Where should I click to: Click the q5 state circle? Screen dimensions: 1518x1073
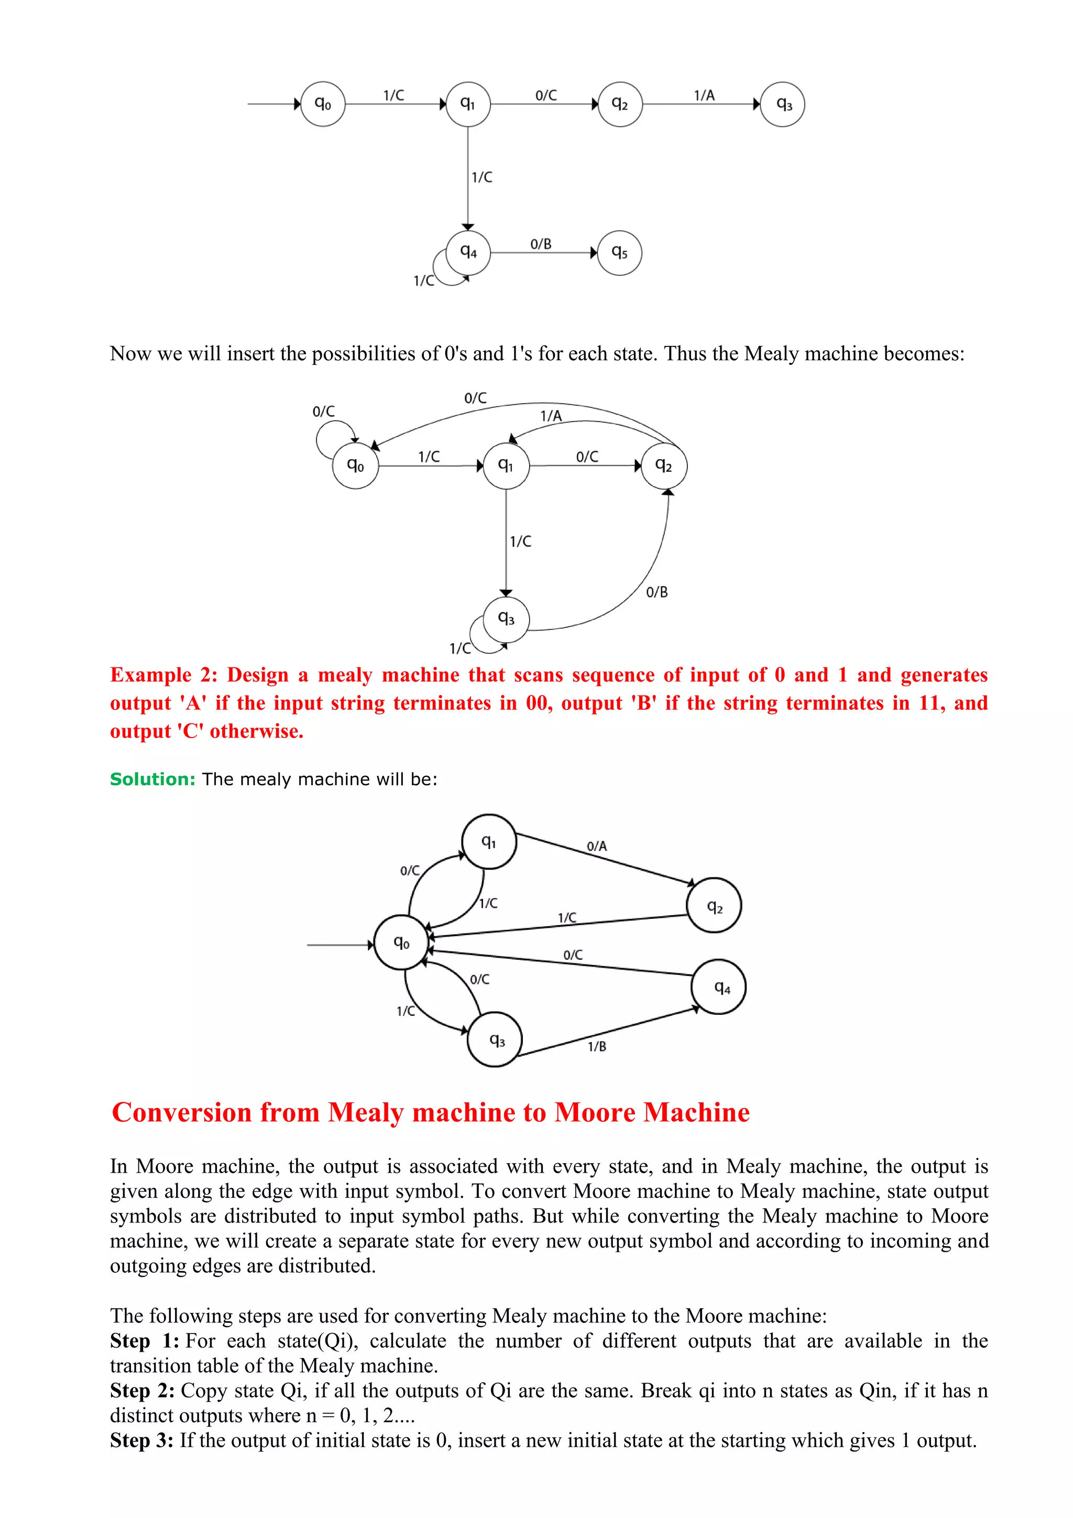click(x=619, y=253)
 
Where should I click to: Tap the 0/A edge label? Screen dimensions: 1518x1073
click(x=597, y=845)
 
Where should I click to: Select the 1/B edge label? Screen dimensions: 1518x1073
click(x=597, y=1046)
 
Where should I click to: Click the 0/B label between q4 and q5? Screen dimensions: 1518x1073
click(x=541, y=244)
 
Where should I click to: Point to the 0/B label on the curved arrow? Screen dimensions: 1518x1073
click(x=657, y=592)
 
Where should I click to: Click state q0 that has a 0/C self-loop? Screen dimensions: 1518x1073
click(x=355, y=465)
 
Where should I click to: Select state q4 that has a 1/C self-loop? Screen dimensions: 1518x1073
click(x=468, y=252)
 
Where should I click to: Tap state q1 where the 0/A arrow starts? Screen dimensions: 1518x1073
click(x=489, y=842)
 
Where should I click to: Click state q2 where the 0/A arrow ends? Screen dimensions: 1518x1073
click(x=714, y=906)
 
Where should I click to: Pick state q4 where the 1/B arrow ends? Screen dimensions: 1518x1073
click(x=719, y=987)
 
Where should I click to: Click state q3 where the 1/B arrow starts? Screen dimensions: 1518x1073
click(x=495, y=1040)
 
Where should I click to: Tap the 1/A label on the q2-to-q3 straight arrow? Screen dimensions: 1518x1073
click(x=704, y=95)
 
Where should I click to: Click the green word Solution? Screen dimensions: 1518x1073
click(x=152, y=779)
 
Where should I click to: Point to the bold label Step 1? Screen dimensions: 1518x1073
click(x=144, y=1341)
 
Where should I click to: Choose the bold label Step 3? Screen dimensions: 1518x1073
click(x=141, y=1440)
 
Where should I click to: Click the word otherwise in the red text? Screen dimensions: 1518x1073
click(x=256, y=731)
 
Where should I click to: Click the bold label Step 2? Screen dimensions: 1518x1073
click(x=142, y=1391)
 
